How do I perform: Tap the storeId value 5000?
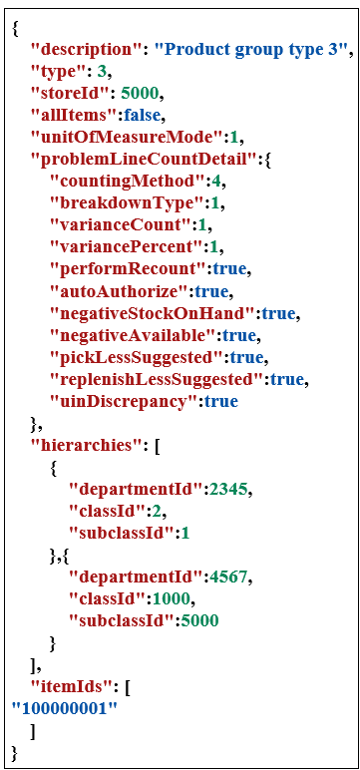click(x=140, y=94)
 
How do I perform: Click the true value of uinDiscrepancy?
click(x=220, y=401)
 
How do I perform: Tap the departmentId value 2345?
click(x=229, y=489)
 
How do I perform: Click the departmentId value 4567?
click(x=229, y=577)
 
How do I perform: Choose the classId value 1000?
click(x=175, y=598)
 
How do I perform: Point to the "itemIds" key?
click(x=69, y=686)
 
